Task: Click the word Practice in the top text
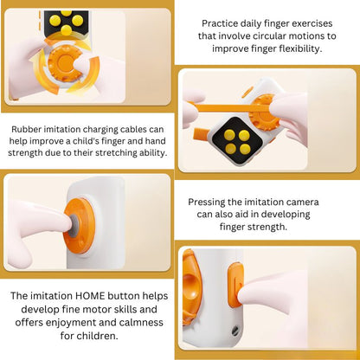click(221, 22)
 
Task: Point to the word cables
click(143, 128)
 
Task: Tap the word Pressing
click(210, 201)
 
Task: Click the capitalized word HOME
click(87, 295)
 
